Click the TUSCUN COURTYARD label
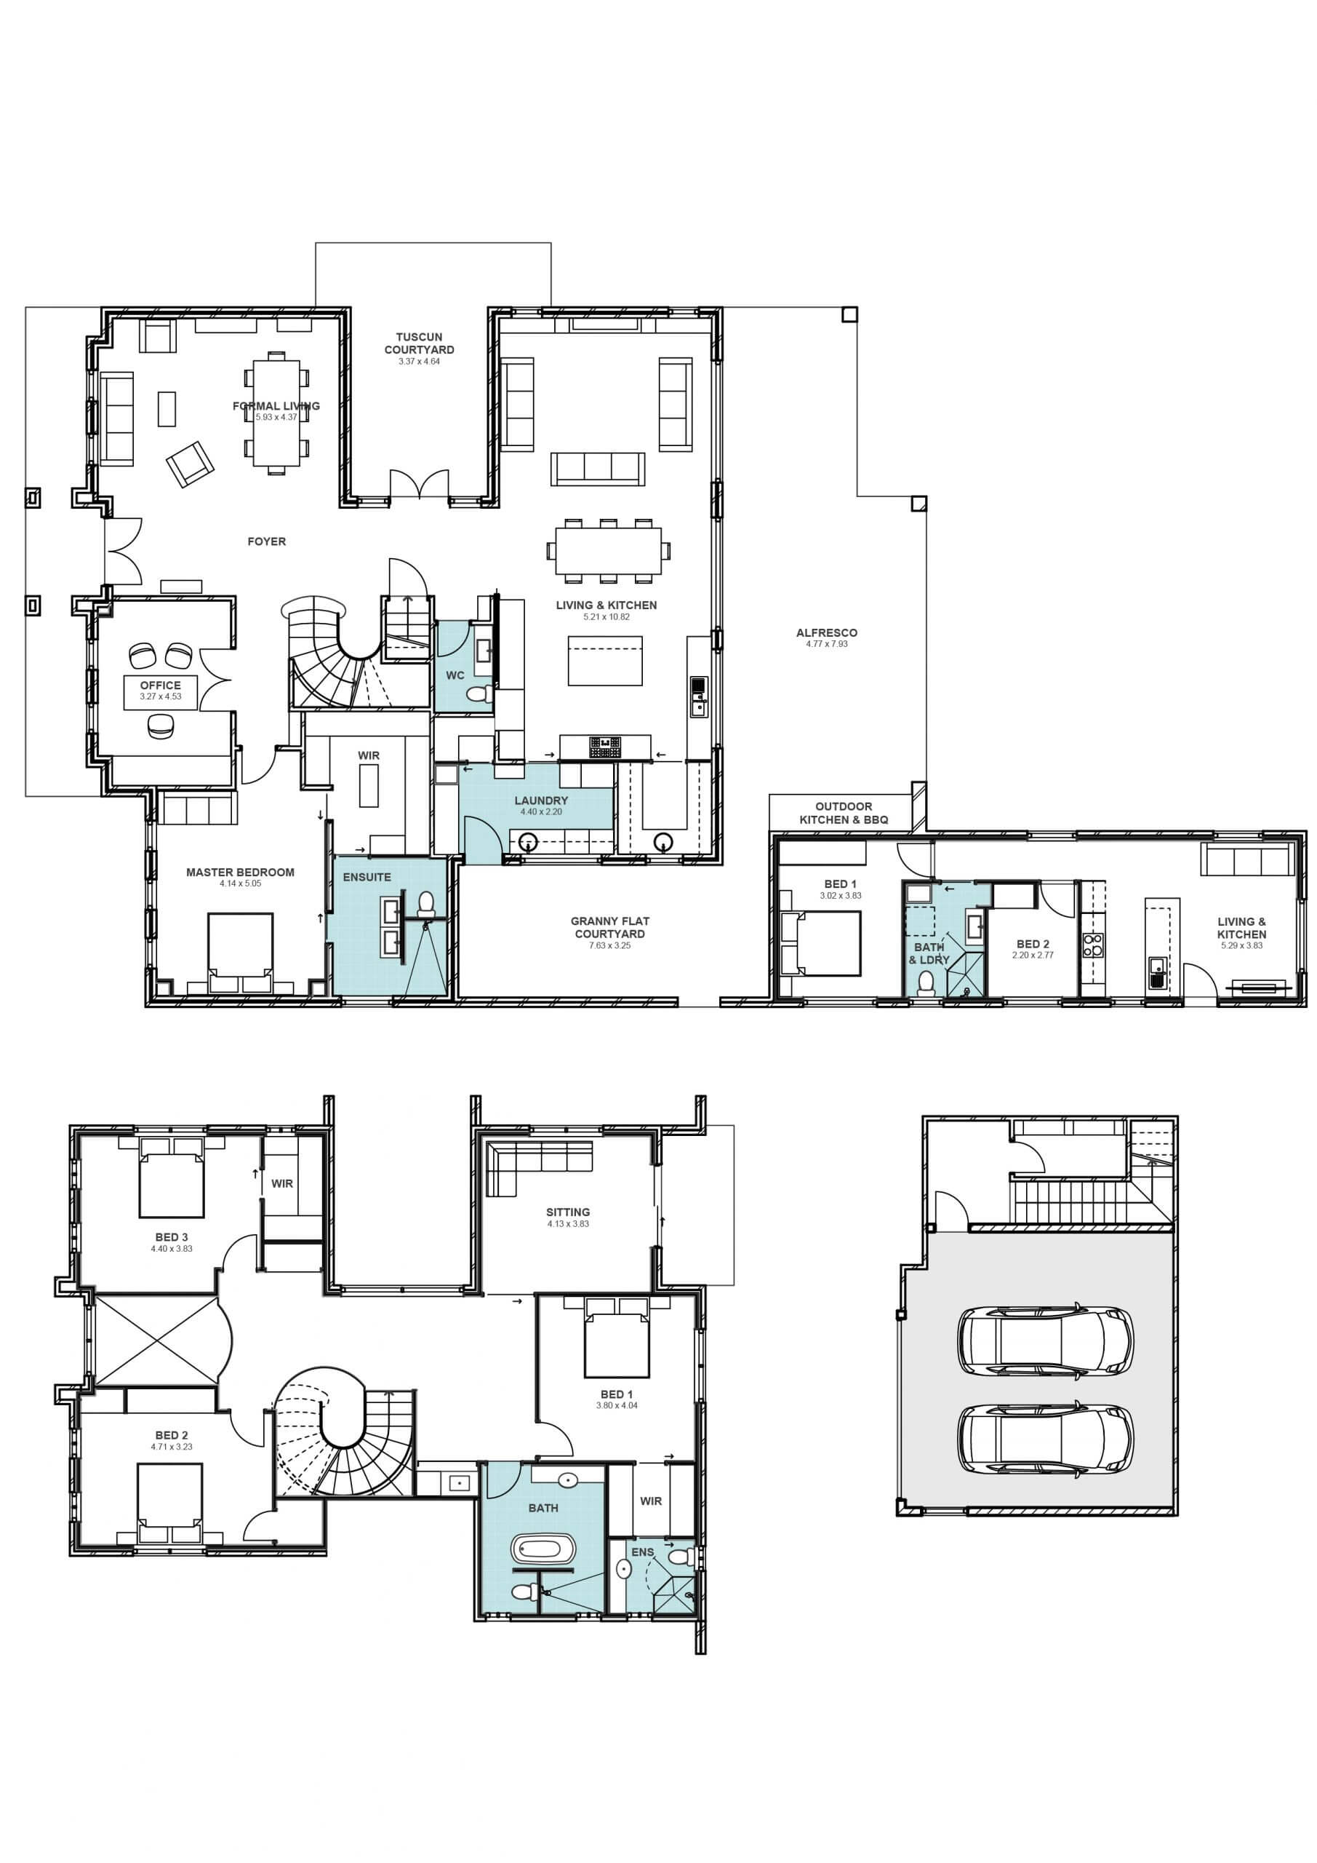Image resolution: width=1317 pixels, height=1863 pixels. pyautogui.click(x=420, y=343)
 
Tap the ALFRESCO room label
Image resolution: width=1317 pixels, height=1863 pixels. pyautogui.click(x=826, y=633)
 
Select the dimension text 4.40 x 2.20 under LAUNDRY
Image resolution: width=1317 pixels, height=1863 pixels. pyautogui.click(x=541, y=811)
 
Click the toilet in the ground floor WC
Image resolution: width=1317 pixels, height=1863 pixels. pyautogui.click(x=480, y=694)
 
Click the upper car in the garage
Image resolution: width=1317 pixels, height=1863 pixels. pyautogui.click(x=1045, y=1341)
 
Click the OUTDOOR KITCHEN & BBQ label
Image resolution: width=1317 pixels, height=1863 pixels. pyautogui.click(x=844, y=813)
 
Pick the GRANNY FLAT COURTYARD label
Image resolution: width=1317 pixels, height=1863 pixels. pyautogui.click(x=610, y=927)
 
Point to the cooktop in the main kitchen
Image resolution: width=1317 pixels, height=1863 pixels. pyautogui.click(x=605, y=747)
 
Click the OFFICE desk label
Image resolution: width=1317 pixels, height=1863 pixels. pyautogui.click(x=161, y=686)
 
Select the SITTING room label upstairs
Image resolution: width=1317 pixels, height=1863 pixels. pyautogui.click(x=568, y=1212)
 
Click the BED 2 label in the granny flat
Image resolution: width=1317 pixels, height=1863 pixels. pyautogui.click(x=1033, y=944)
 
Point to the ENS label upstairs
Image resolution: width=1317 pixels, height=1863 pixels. pyautogui.click(x=642, y=1552)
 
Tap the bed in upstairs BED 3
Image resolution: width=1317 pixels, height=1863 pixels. pyautogui.click(x=171, y=1181)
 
